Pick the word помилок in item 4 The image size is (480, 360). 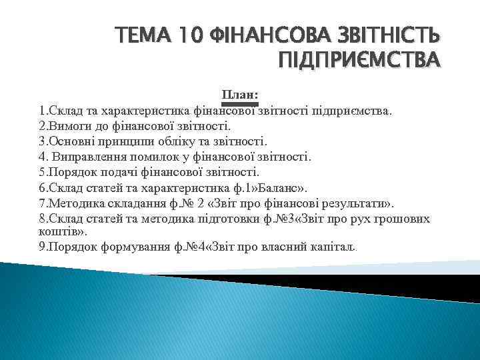pyautogui.click(x=147, y=157)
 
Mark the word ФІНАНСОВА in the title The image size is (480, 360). pyautogui.click(x=255, y=35)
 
